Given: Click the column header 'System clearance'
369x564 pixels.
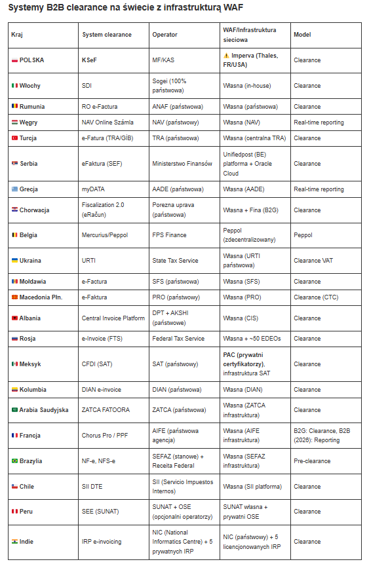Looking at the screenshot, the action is (x=107, y=34).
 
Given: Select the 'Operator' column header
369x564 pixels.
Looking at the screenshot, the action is (x=165, y=34).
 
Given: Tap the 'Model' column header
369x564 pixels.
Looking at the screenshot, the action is (x=302, y=34).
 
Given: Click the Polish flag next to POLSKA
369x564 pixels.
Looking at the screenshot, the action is (x=14, y=60).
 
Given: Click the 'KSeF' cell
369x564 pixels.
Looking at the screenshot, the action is (x=90, y=60).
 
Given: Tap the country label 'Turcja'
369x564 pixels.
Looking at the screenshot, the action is (x=29, y=138).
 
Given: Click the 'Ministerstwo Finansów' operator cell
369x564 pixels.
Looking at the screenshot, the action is (x=182, y=164).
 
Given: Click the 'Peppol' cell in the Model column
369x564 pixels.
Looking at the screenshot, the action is (x=303, y=235).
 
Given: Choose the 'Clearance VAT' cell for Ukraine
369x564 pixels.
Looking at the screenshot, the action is (x=313, y=261).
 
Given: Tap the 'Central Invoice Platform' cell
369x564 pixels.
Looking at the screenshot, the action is (x=113, y=318).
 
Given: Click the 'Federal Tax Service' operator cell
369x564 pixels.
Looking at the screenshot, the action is (x=178, y=339).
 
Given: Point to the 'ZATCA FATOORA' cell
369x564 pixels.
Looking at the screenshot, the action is (x=106, y=410).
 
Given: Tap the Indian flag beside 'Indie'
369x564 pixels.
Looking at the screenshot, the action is (x=14, y=542).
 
